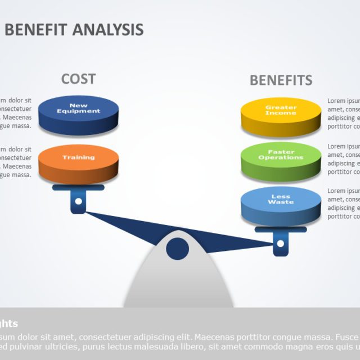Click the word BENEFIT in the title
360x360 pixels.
(36, 29)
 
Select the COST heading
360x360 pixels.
(78, 79)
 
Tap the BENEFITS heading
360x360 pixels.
(281, 80)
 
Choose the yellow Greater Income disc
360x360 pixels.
(281, 117)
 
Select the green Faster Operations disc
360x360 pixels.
(281, 162)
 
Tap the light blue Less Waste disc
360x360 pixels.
(281, 206)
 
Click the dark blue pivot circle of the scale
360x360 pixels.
(178, 249)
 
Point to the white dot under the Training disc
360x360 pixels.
(78, 201)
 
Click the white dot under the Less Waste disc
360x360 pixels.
(281, 243)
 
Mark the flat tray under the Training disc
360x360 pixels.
(78, 188)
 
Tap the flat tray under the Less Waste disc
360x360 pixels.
(281, 229)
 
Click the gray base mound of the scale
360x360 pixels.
(179, 284)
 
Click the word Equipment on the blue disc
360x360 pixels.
(78, 111)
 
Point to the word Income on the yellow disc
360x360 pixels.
(281, 113)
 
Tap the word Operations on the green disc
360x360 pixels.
(281, 157)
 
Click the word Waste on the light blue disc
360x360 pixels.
(281, 202)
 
